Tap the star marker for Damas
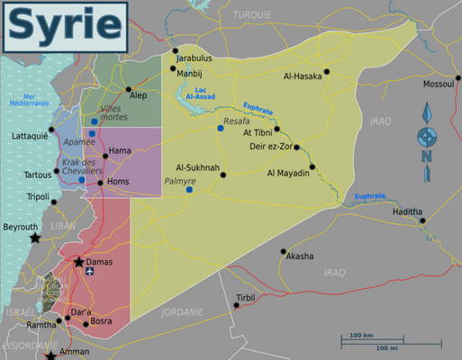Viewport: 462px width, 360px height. pyautogui.click(x=79, y=263)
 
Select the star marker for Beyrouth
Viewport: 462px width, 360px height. pyautogui.click(x=35, y=238)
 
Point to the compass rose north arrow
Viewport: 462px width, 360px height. pyautogui.click(x=427, y=115)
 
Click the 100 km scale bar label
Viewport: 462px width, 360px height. pyautogui.click(x=362, y=335)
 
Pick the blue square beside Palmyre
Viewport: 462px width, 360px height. pyautogui.click(x=189, y=190)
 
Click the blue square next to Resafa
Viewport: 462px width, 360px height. pyautogui.click(x=220, y=129)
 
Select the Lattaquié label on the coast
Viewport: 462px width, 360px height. pyautogui.click(x=30, y=136)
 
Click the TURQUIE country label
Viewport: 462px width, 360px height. pyautogui.click(x=252, y=15)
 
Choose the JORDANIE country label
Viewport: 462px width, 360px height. pyautogui.click(x=182, y=311)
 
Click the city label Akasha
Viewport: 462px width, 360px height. pyautogui.click(x=300, y=256)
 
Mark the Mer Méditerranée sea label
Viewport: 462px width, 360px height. pyautogui.click(x=29, y=100)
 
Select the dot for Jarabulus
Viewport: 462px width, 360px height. pyautogui.click(x=177, y=50)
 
